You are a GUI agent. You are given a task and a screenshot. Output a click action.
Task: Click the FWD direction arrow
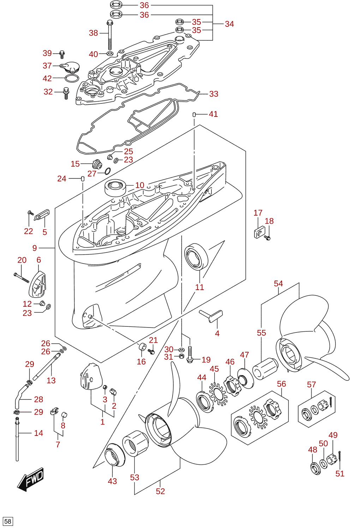(x=30, y=479)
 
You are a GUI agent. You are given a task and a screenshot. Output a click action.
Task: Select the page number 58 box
(x=7, y=521)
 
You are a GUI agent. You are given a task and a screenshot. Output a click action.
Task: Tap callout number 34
(x=229, y=24)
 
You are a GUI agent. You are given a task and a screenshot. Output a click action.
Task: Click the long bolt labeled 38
(x=110, y=35)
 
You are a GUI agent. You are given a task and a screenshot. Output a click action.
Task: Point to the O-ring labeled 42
(x=72, y=78)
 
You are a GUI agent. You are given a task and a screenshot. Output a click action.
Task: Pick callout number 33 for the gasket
(x=214, y=94)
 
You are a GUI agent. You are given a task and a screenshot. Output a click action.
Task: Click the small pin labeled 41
(x=194, y=115)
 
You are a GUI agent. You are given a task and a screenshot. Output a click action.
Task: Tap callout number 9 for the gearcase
(x=35, y=248)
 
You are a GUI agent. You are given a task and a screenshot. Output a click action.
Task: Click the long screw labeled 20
(x=22, y=277)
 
